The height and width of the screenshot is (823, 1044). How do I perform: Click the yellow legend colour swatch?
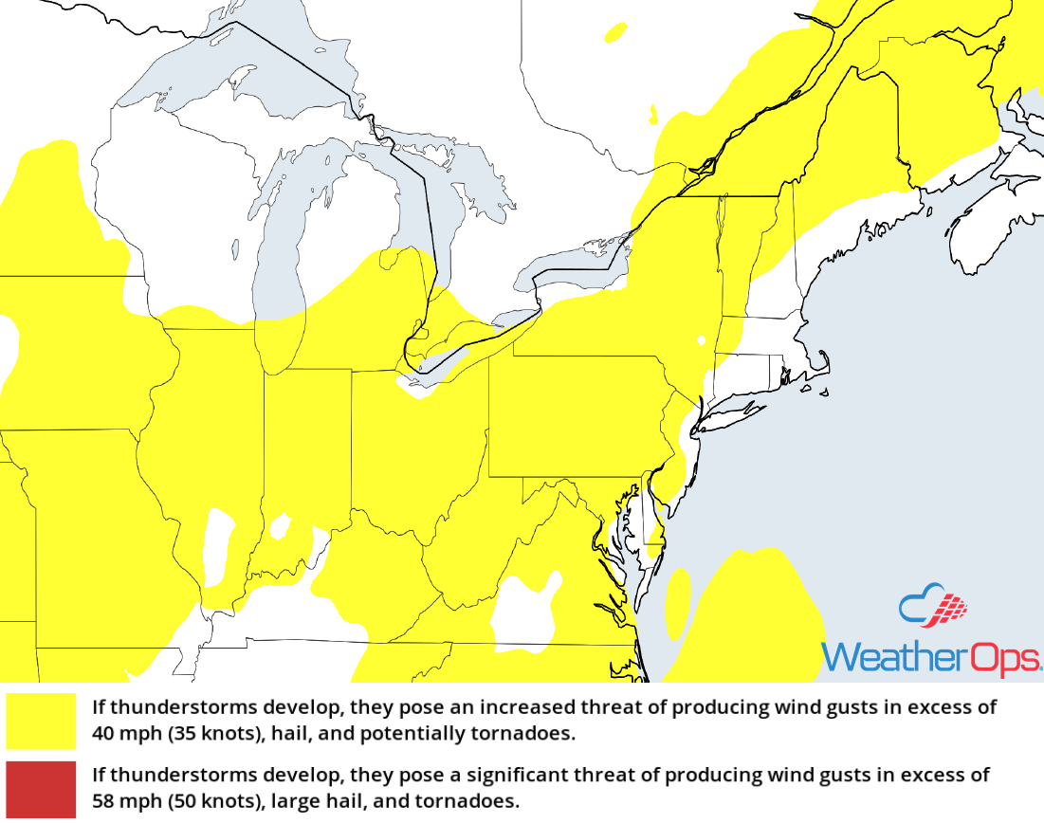pos(40,721)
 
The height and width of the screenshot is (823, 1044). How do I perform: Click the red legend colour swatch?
pos(40,789)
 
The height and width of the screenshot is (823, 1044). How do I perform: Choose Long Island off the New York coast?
pos(735,412)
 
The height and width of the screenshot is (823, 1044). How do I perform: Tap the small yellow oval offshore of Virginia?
pos(678,602)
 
